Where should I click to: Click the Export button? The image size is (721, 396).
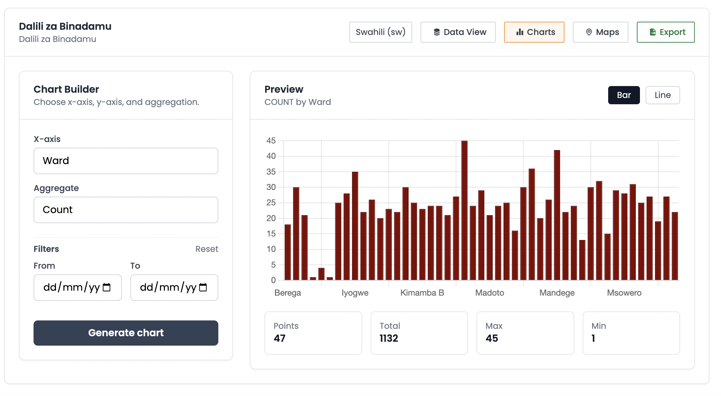(665, 32)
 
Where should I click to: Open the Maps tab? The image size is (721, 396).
(600, 32)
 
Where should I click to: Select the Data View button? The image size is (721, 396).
(458, 32)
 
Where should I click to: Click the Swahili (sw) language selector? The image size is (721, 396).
(380, 32)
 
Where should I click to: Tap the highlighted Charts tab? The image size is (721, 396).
(534, 32)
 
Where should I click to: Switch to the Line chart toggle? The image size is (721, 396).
(662, 95)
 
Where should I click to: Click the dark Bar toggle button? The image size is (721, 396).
(624, 95)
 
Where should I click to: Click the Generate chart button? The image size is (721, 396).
(126, 333)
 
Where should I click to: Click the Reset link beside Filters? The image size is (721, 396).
(206, 249)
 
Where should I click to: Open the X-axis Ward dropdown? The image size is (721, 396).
(126, 161)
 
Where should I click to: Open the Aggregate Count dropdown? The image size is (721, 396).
(126, 210)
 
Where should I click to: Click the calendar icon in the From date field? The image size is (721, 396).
(107, 288)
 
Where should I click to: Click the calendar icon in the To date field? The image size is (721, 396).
(203, 288)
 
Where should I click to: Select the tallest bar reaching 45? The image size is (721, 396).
(464, 210)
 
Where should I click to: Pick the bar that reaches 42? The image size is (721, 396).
(557, 215)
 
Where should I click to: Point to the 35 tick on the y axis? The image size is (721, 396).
(271, 172)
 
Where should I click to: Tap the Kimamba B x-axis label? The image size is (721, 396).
(422, 293)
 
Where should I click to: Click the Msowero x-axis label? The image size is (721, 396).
(624, 293)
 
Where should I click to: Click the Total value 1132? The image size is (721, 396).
(389, 338)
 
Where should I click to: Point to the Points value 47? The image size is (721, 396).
(279, 338)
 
